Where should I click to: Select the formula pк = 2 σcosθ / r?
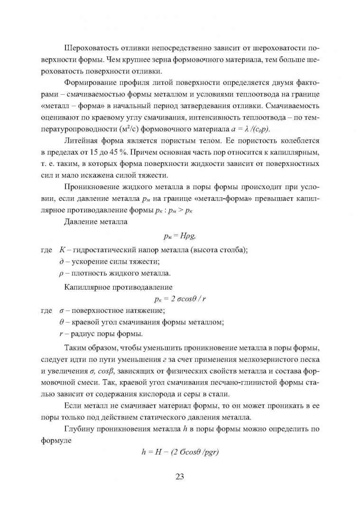point(180,299)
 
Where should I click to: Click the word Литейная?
point(80,140)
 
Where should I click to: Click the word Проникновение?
point(92,186)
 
